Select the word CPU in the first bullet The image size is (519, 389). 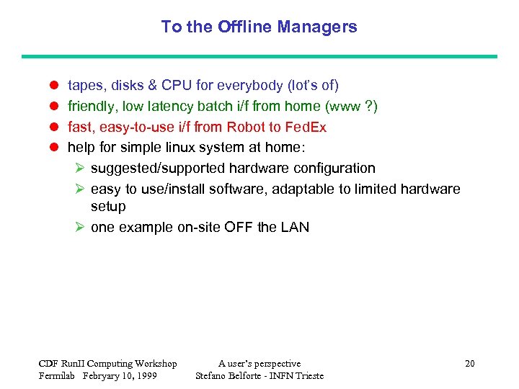177,86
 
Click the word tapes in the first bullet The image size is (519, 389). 84,86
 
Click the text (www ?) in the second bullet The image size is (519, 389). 351,107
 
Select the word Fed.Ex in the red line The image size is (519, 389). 306,128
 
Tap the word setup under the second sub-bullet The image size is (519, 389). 108,207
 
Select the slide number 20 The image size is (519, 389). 469,364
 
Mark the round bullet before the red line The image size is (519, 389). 53,128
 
